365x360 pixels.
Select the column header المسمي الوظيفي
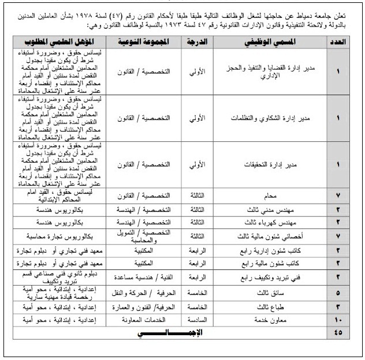274,43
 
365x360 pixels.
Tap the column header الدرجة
198,43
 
